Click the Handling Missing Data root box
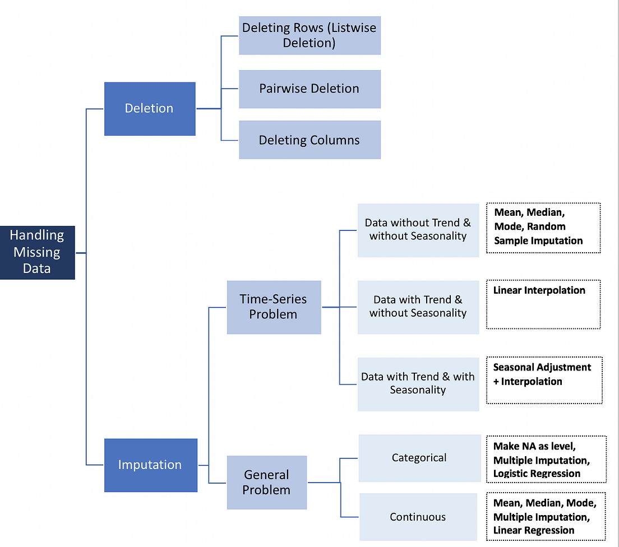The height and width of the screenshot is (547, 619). pyautogui.click(x=37, y=252)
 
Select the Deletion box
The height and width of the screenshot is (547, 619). pyautogui.click(x=150, y=109)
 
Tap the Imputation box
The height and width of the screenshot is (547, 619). pyautogui.click(x=150, y=465)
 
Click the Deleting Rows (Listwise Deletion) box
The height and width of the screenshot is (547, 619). pyautogui.click(x=309, y=35)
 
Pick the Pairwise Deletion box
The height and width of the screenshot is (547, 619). pyautogui.click(x=309, y=89)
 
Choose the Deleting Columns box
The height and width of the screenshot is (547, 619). pyautogui.click(x=309, y=140)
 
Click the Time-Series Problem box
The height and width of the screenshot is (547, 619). pyautogui.click(x=274, y=307)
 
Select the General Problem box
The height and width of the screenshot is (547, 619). pyautogui.click(x=267, y=482)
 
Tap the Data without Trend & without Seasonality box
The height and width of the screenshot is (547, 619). pyautogui.click(x=418, y=230)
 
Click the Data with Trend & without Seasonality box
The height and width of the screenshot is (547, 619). pyautogui.click(x=418, y=307)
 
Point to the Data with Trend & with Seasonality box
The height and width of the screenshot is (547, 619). pyautogui.click(x=418, y=383)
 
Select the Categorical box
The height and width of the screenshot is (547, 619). pyautogui.click(x=419, y=458)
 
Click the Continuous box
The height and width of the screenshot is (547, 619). pyautogui.click(x=418, y=517)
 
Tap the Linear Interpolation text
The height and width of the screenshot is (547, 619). pyautogui.click(x=539, y=290)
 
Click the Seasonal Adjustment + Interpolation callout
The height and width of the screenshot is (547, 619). pyautogui.click(x=544, y=379)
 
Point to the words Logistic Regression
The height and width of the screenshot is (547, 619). pyautogui.click(x=537, y=474)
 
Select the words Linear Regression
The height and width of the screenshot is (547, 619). pyautogui.click(x=534, y=530)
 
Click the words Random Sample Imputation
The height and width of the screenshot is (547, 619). pyautogui.click(x=538, y=234)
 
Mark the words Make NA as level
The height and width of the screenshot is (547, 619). pyautogui.click(x=534, y=447)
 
